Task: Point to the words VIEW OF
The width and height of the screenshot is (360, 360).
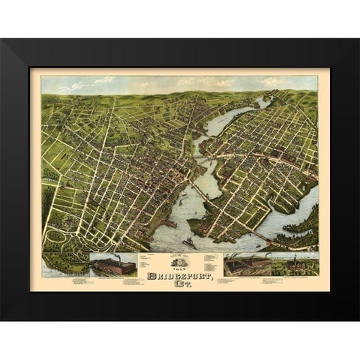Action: tap(180, 256)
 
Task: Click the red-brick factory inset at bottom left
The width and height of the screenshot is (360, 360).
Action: tap(112, 265)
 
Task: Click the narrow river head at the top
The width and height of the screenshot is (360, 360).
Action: tap(262, 102)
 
